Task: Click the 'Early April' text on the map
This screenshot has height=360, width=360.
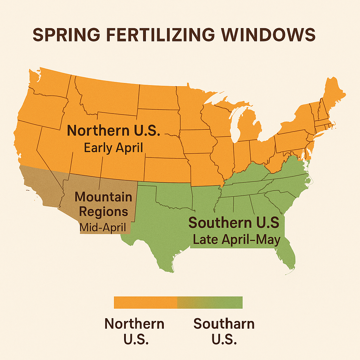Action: pyautogui.click(x=114, y=148)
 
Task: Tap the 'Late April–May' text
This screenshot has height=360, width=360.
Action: pyautogui.click(x=237, y=240)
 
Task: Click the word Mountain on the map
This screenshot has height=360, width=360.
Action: pyautogui.click(x=103, y=197)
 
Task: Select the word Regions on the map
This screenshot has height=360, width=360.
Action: pyautogui.click(x=103, y=212)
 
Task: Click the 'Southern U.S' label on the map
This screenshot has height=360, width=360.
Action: pyautogui.click(x=234, y=223)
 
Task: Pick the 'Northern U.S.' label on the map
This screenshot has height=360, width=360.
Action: pyautogui.click(x=114, y=130)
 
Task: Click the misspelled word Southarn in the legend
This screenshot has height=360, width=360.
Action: pyautogui.click(x=224, y=323)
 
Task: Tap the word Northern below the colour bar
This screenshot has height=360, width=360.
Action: pyautogui.click(x=134, y=323)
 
